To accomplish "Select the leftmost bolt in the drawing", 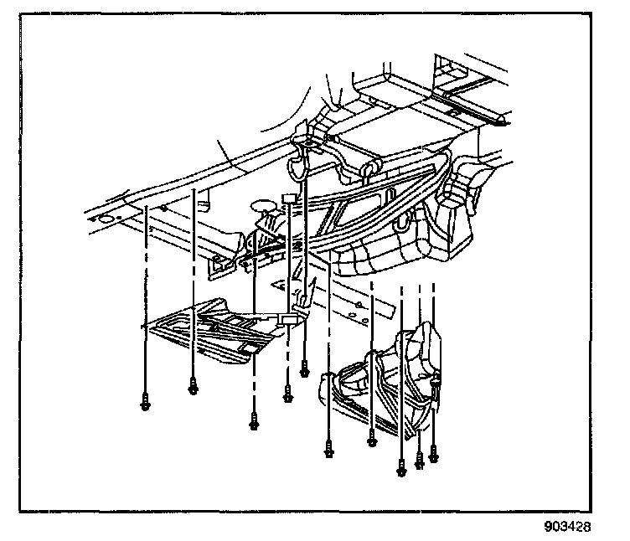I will [146, 402].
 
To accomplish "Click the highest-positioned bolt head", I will [304, 368].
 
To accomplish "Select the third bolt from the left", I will [253, 423].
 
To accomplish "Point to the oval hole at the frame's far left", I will [106, 219].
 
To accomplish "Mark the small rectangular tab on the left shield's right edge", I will [289, 319].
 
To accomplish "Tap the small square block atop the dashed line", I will [289, 198].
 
